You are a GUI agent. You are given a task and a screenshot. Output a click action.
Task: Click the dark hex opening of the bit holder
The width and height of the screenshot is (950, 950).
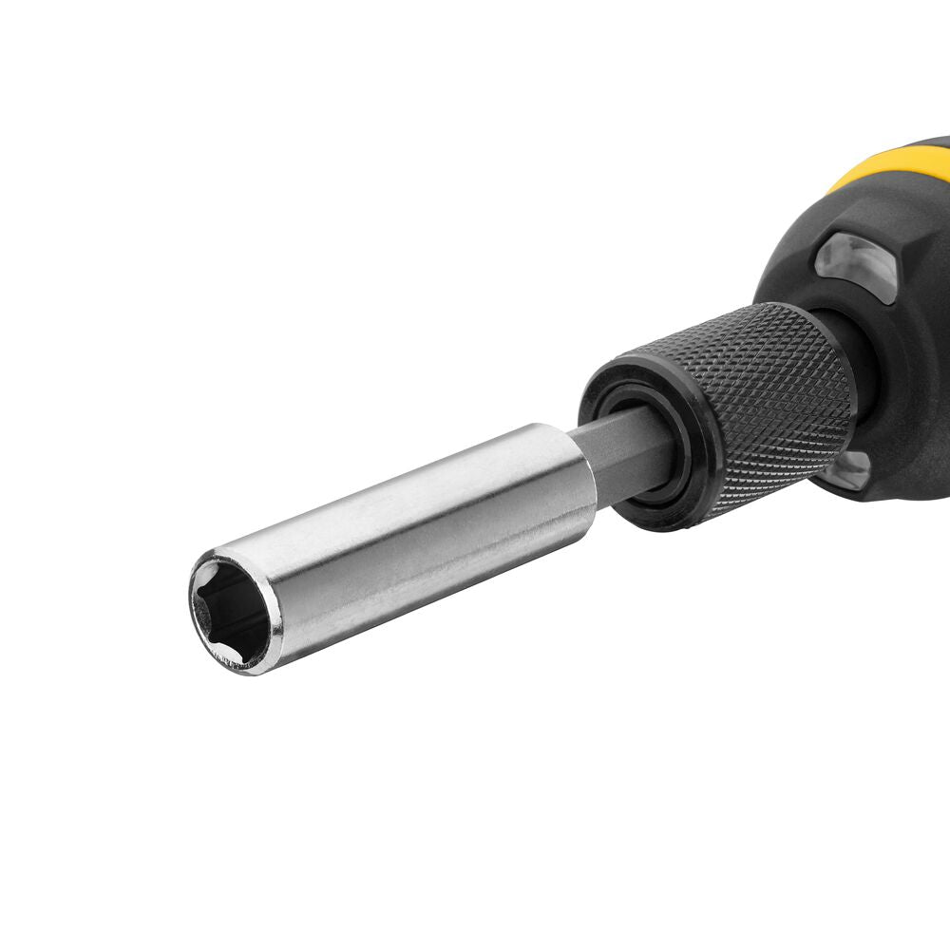tap(233, 613)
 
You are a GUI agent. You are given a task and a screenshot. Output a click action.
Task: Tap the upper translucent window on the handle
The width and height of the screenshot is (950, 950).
tap(855, 266)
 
